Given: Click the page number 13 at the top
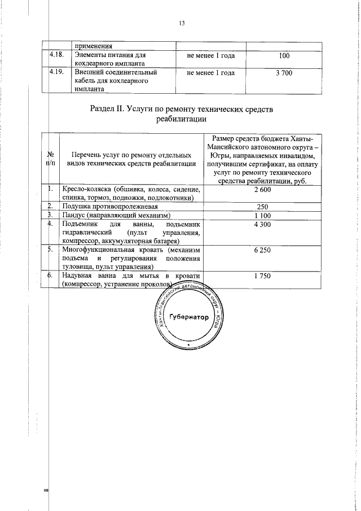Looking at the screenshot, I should tap(182, 23).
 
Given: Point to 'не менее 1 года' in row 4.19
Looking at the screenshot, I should tap(210, 73).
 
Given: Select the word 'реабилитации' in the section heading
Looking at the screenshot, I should tap(181, 120).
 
